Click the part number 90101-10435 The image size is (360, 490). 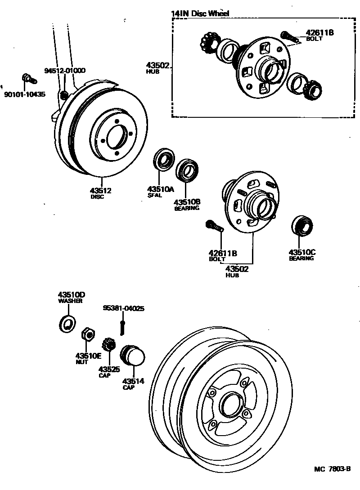(x=25, y=94)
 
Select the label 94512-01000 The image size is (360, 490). (x=65, y=71)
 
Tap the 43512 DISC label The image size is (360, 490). (x=100, y=193)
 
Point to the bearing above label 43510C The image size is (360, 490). (x=302, y=226)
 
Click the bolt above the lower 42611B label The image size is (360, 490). (x=214, y=226)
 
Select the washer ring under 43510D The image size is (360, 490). (x=68, y=324)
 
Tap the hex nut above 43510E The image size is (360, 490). (x=87, y=335)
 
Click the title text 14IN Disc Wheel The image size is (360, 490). (x=200, y=13)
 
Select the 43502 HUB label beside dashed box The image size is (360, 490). (x=157, y=67)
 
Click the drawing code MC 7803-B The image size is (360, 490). (x=332, y=469)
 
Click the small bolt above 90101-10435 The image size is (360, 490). (x=29, y=79)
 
